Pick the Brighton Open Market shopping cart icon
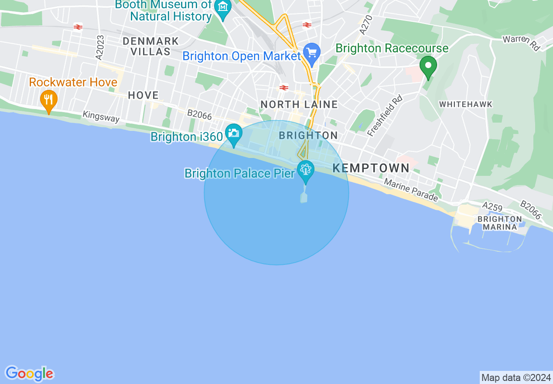click(x=312, y=53)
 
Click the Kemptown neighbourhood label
click(x=371, y=168)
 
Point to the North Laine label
click(x=299, y=104)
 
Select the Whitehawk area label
click(x=465, y=104)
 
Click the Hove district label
click(x=143, y=95)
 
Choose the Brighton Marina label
click(x=500, y=223)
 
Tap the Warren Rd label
click(x=521, y=43)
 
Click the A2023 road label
click(x=99, y=47)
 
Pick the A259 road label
click(x=492, y=205)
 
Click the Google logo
click(x=29, y=374)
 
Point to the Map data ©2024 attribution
click(x=516, y=377)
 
